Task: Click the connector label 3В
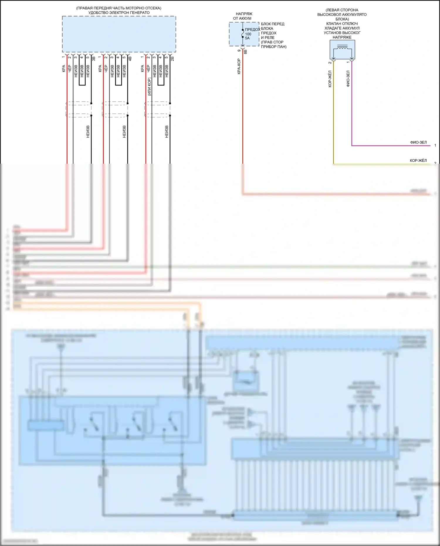tap(94, 59)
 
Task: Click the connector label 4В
tap(130, 59)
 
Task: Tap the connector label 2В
tap(172, 59)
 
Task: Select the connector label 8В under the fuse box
tap(246, 52)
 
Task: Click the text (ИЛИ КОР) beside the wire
tap(149, 87)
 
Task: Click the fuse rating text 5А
tap(247, 38)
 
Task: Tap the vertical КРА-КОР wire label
tap(239, 66)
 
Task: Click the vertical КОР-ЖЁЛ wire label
tap(330, 79)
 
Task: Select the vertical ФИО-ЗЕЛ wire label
tap(348, 79)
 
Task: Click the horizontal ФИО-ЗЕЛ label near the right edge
tap(418, 143)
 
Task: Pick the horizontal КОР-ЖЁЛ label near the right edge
tap(418, 161)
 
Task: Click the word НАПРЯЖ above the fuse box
tap(244, 14)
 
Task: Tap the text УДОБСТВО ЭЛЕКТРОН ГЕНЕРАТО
tap(119, 13)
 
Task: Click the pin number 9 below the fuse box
tap(239, 51)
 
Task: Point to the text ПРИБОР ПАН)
tap(274, 47)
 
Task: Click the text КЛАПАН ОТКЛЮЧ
tap(342, 23)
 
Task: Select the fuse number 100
tap(248, 34)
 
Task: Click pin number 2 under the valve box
tap(330, 62)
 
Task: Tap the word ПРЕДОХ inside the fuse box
tap(253, 30)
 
